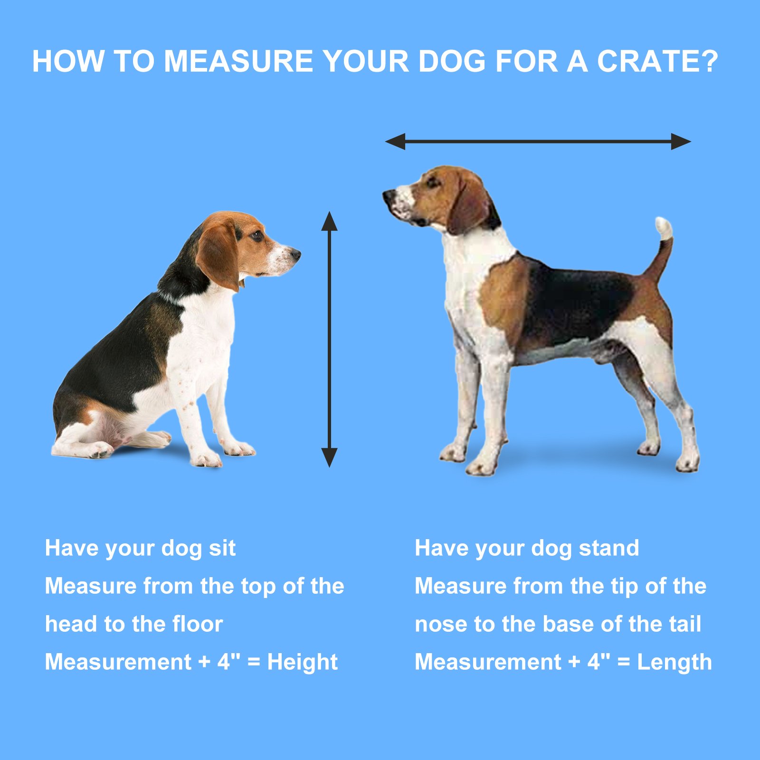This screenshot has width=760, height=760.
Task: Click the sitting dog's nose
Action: (295, 254)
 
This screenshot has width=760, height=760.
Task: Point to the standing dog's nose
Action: (389, 195)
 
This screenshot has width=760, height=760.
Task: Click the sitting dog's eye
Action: (256, 235)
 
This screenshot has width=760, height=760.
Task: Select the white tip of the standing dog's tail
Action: (664, 228)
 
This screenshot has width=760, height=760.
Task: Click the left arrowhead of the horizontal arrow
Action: (395, 142)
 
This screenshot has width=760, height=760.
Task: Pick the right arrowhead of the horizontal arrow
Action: (681, 142)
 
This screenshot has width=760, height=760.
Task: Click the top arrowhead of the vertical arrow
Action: (329, 221)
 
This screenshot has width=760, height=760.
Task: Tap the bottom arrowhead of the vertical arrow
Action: (329, 457)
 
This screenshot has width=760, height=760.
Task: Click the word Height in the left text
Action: (302, 662)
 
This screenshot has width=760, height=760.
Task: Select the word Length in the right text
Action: (674, 662)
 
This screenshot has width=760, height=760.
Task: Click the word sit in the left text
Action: (222, 548)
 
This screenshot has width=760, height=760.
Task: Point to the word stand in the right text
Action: (609, 548)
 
